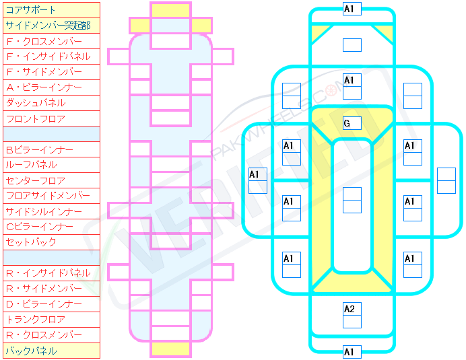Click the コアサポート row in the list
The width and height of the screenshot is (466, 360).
(x=51, y=10)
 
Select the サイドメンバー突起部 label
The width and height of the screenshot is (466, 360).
(x=51, y=26)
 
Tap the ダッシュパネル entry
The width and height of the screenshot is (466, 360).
(x=51, y=103)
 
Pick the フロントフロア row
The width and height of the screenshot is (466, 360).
(x=51, y=118)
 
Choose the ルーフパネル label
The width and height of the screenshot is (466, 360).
(x=51, y=165)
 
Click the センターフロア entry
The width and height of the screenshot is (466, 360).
(x=51, y=180)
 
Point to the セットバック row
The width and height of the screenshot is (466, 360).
(x=51, y=242)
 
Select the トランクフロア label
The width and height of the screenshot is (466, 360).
(x=51, y=320)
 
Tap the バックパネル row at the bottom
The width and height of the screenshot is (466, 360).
(x=51, y=351)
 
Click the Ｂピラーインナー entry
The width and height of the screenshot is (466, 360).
(x=51, y=149)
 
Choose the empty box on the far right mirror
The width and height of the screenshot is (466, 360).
(x=446, y=180)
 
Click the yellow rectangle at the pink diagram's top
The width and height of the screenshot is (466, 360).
(x=170, y=10)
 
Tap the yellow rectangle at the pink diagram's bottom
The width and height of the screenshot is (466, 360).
(x=170, y=349)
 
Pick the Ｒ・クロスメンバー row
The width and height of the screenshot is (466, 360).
(x=51, y=335)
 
